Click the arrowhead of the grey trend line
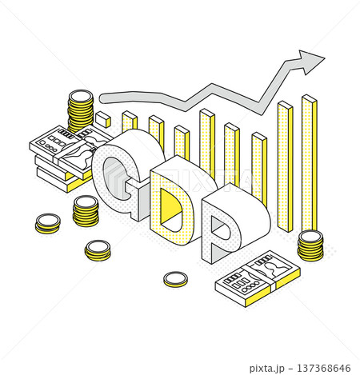pyautogui.click(x=310, y=62)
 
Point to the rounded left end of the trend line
pyautogui.click(x=103, y=98)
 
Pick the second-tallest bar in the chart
pyautogui.click(x=286, y=166)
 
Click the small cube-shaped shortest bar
pyautogui.click(x=103, y=119)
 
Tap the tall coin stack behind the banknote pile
pyautogui.click(x=81, y=110)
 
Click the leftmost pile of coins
pyautogui.click(x=48, y=224)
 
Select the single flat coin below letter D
pyautogui.click(x=175, y=279)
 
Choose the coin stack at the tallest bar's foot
pyautogui.click(x=310, y=245)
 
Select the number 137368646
pyautogui.click(x=324, y=369)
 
